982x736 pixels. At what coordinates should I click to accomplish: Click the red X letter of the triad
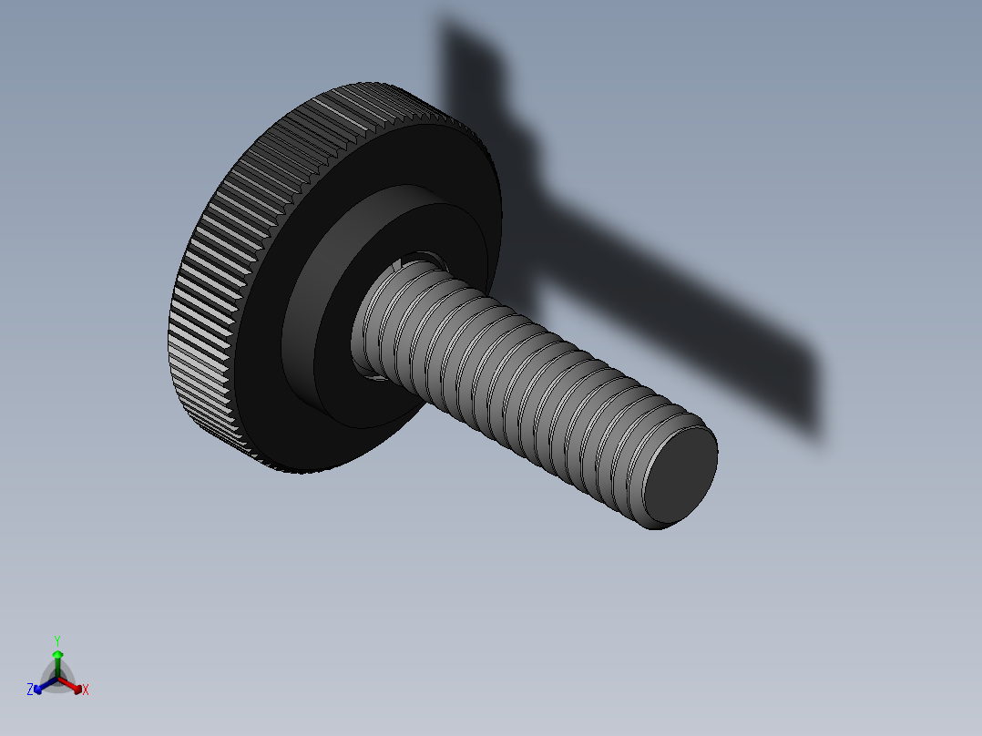pyautogui.click(x=86, y=690)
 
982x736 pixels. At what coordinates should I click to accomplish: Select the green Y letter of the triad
pyautogui.click(x=56, y=640)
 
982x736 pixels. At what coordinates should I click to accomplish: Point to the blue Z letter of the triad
pyautogui.click(x=30, y=690)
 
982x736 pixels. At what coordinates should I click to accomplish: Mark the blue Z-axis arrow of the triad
pyautogui.click(x=42, y=685)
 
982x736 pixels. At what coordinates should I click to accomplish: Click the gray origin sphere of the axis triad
pyautogui.click(x=57, y=680)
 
